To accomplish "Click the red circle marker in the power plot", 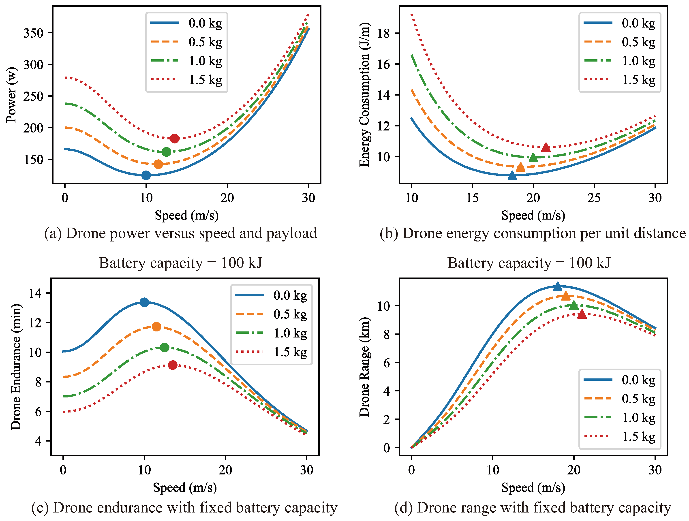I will (x=174, y=138).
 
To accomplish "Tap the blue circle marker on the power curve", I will (x=146, y=175).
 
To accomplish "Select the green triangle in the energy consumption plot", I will (x=533, y=158).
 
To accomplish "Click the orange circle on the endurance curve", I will (x=156, y=327).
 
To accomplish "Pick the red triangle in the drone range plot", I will (x=582, y=314).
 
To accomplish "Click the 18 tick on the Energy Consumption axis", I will (x=383, y=33).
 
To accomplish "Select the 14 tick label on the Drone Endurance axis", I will (x=35, y=293).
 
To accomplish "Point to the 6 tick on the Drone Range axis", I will (x=387, y=363).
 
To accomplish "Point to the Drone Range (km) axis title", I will (x=364, y=367).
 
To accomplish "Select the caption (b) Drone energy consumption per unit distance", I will (x=532, y=233).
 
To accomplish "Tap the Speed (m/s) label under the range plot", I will (x=533, y=487).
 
